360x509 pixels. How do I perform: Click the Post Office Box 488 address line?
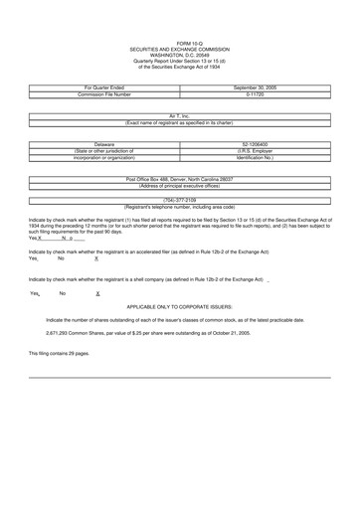pyautogui.click(x=179, y=179)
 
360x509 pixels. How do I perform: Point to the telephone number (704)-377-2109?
pyautogui.click(x=179, y=199)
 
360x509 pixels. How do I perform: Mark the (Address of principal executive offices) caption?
pyautogui.click(x=179, y=186)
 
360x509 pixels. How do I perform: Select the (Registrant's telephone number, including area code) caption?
pyautogui.click(x=179, y=206)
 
